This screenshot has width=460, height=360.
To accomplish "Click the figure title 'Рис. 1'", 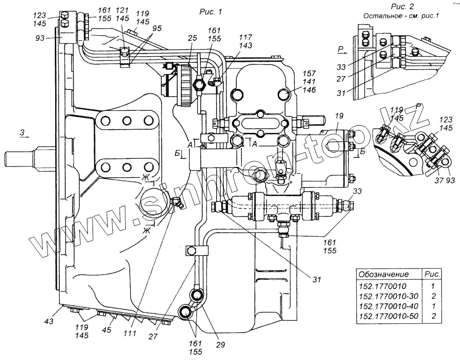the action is coord(211,12).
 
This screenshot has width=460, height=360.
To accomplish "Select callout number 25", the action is coord(193,38).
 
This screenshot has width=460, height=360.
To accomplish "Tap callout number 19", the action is coord(339,116).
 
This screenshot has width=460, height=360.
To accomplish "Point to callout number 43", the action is coord(49,321).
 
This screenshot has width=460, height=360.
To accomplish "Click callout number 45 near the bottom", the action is coord(106,329).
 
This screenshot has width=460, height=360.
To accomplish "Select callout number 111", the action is coord(130,333).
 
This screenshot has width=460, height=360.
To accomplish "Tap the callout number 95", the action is coord(157,29).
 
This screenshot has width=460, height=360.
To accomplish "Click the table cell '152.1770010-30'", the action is coord(388,296).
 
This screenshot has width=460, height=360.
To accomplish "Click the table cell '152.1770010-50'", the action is coord(388,316).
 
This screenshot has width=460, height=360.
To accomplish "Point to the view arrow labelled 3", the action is coord(25,136).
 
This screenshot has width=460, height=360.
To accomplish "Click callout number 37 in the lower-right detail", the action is coord(439,180).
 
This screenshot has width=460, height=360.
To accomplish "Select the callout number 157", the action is coord(310,74).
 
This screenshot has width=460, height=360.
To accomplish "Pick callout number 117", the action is coord(245,37).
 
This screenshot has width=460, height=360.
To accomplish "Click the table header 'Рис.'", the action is coord(432,274).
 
